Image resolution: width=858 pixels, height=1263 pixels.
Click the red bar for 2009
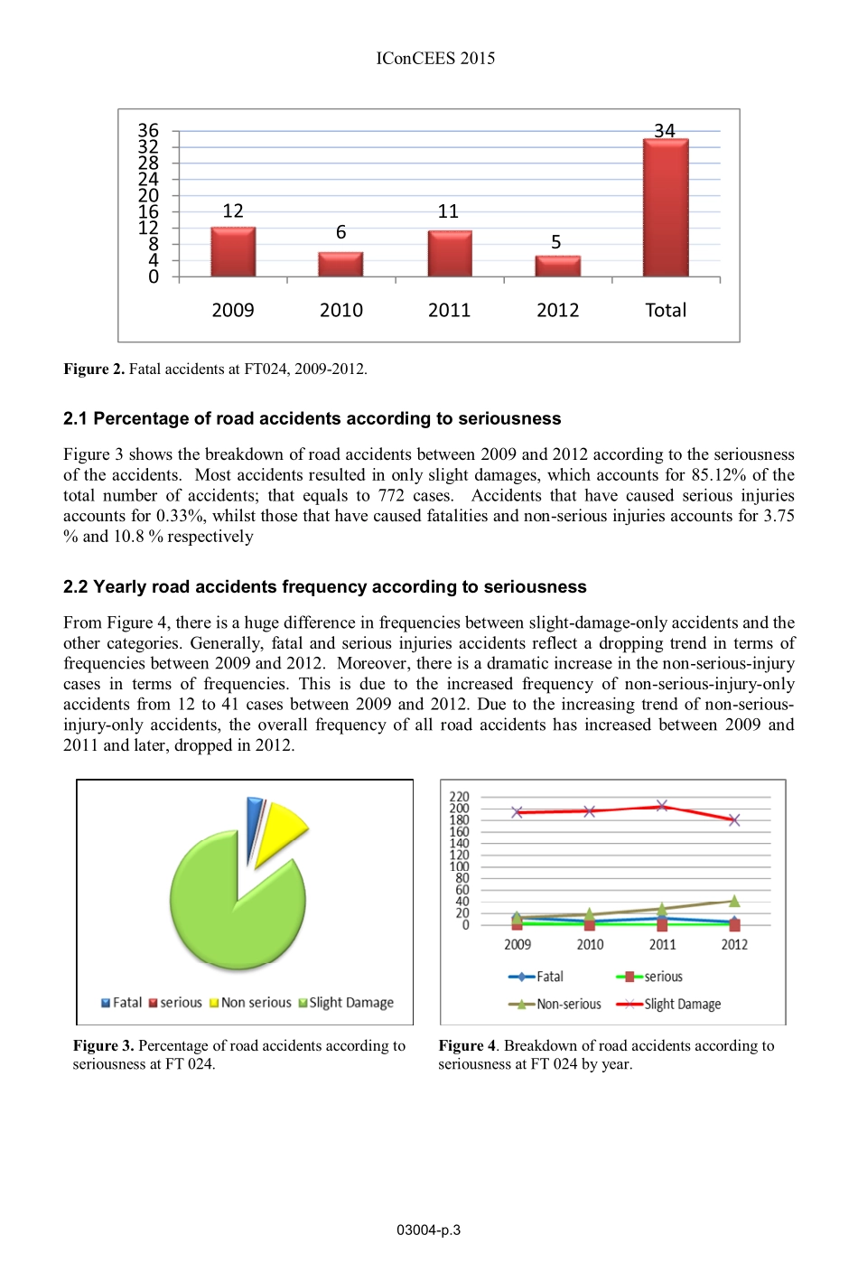click(233, 252)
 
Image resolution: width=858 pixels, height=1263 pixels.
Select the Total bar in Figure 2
click(666, 208)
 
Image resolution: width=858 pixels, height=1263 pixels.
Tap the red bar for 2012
click(557, 267)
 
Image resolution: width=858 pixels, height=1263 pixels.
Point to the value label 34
click(665, 131)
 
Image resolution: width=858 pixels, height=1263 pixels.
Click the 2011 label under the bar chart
click(449, 310)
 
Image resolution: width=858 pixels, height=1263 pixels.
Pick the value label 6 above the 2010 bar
click(340, 232)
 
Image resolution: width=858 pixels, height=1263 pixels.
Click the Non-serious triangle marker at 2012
click(734, 901)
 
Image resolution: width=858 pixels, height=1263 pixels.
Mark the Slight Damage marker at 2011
click(662, 805)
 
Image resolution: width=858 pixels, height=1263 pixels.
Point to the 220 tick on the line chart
click(460, 797)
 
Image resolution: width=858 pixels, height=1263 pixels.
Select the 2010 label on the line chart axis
click(590, 944)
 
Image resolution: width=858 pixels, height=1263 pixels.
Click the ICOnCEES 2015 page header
click(435, 59)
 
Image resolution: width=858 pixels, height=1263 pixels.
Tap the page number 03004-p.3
click(428, 1230)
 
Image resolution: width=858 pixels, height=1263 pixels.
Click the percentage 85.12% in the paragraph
click(718, 475)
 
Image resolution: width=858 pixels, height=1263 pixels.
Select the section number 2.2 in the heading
click(76, 587)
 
